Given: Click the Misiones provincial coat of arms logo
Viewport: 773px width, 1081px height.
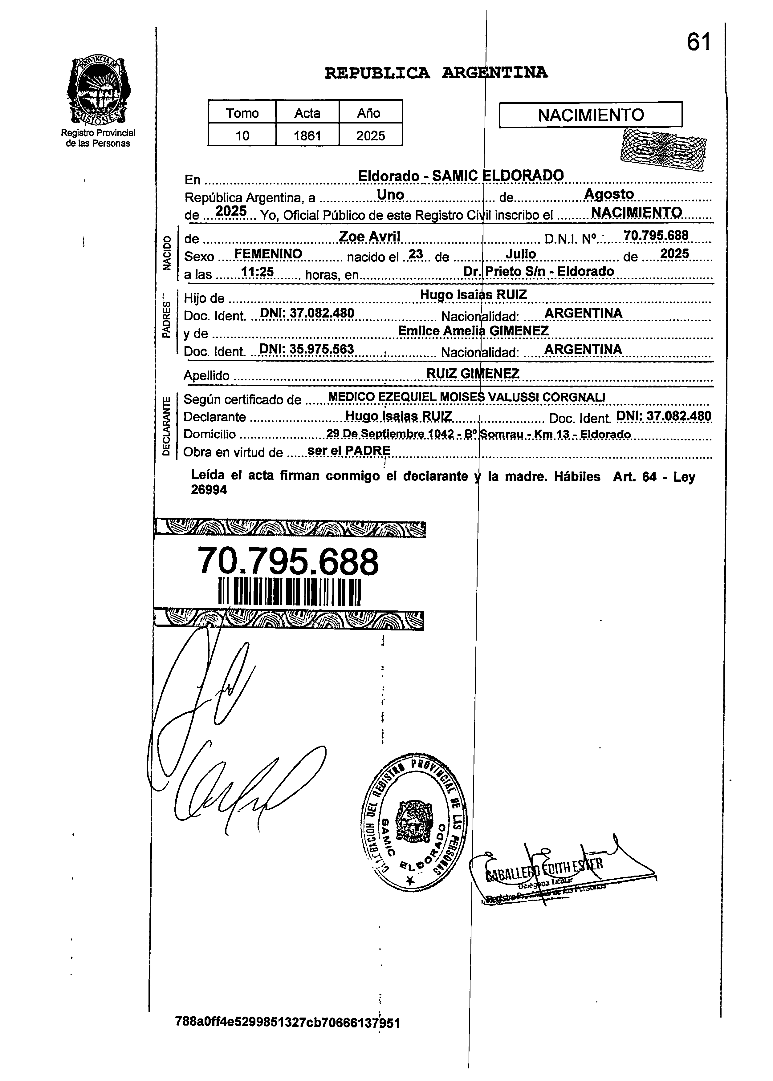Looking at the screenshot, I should click(99, 91).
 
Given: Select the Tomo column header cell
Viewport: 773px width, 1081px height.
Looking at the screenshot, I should click(242, 113).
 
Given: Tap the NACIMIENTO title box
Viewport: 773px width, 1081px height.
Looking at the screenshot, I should click(590, 115).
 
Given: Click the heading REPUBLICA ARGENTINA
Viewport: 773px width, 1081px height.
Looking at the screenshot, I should click(436, 73).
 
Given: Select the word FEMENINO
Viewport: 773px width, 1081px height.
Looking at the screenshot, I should click(268, 254).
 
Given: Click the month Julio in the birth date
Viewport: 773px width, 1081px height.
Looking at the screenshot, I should click(521, 255).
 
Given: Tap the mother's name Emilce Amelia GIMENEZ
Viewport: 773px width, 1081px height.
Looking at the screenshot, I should click(473, 331).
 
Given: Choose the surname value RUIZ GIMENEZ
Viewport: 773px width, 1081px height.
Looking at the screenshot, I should click(473, 374).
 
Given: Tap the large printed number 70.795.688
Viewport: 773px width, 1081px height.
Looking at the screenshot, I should click(288, 562).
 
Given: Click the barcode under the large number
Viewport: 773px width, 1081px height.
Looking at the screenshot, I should click(289, 591).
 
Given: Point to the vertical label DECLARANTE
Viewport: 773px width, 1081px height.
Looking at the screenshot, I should click(166, 425).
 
